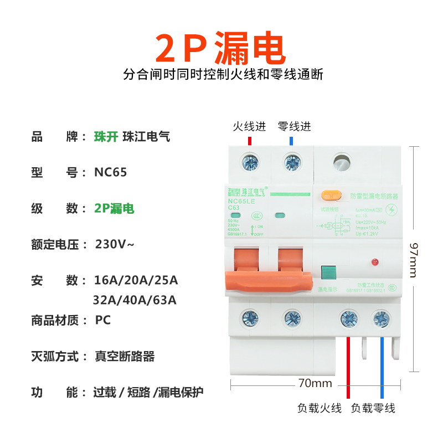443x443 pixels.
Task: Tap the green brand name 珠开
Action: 106,137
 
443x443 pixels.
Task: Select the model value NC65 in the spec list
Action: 111,172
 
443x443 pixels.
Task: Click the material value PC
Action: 103,320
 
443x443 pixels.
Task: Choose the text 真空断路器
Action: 125,356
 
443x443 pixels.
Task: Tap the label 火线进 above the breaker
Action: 249,127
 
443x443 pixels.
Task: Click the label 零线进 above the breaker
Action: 294,127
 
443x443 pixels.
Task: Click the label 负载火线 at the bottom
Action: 320,408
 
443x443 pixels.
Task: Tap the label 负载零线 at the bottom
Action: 373,408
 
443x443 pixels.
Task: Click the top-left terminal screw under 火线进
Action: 250,163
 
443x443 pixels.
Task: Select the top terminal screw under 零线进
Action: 292,163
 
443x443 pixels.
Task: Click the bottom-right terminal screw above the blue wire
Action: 381,318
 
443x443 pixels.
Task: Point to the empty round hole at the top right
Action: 342,163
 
